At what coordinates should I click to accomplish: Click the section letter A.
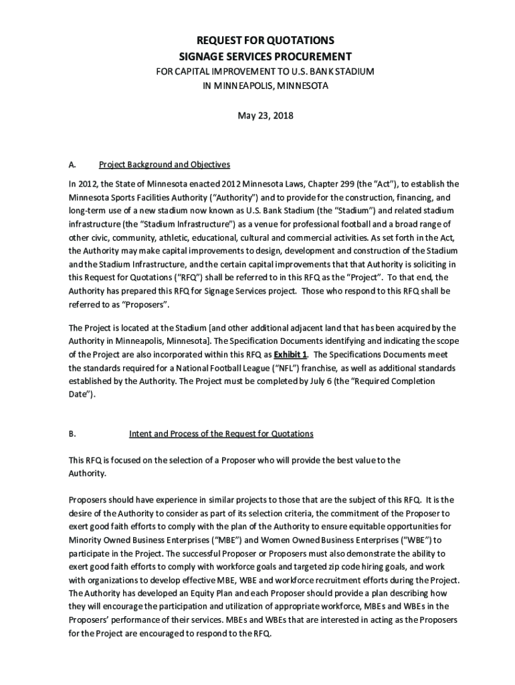72,165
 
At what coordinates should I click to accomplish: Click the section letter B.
72,433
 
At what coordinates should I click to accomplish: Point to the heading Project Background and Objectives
165,165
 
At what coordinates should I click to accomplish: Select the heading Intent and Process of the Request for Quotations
221,433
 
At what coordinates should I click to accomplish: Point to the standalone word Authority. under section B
87,473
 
